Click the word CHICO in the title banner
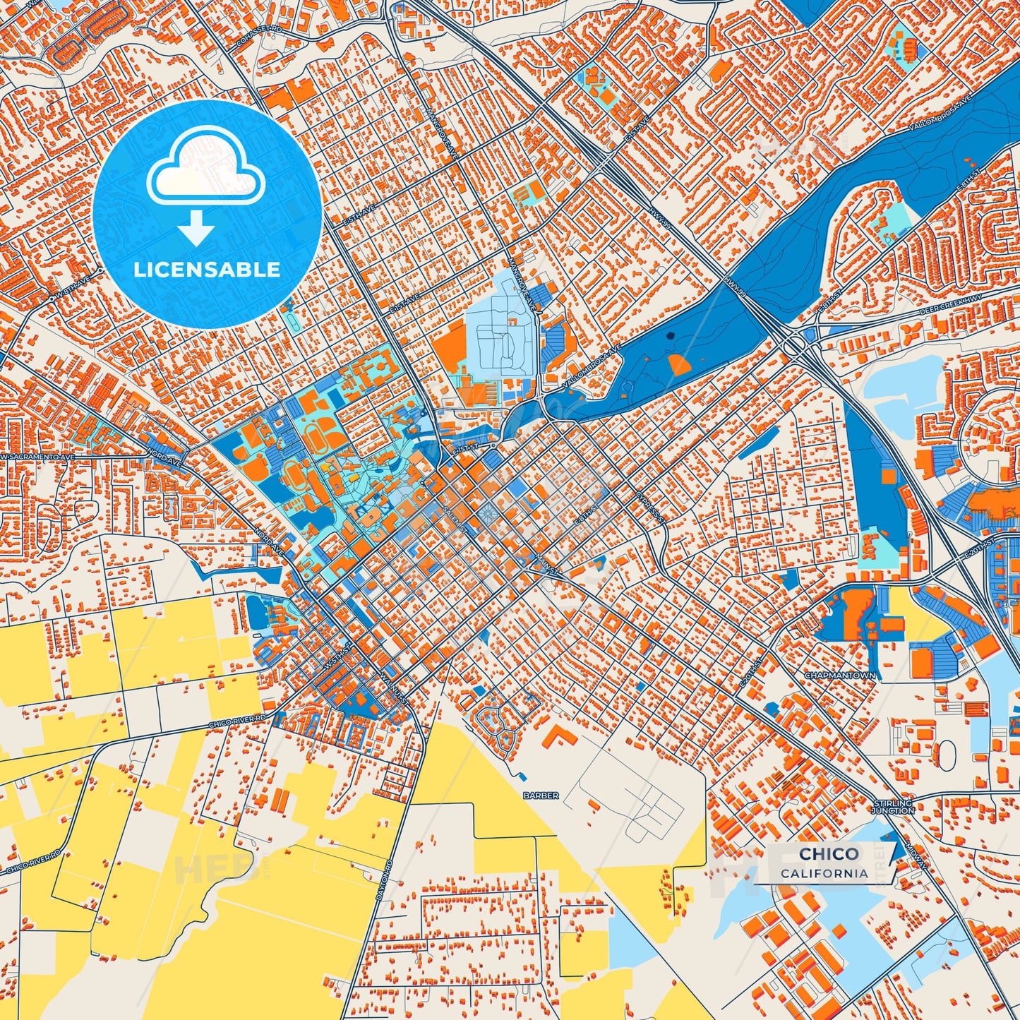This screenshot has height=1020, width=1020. pos(829,853)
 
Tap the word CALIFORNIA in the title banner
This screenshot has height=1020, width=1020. pos(824,873)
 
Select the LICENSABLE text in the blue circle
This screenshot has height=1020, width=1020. pos(208,270)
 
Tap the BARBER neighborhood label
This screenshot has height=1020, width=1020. pos(541,796)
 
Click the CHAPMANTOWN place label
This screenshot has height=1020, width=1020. pos(840,676)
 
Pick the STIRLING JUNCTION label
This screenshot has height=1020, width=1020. pos(893,807)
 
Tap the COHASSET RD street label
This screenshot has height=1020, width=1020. pos(250,41)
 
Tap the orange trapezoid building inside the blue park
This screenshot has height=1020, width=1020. pos(678,364)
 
